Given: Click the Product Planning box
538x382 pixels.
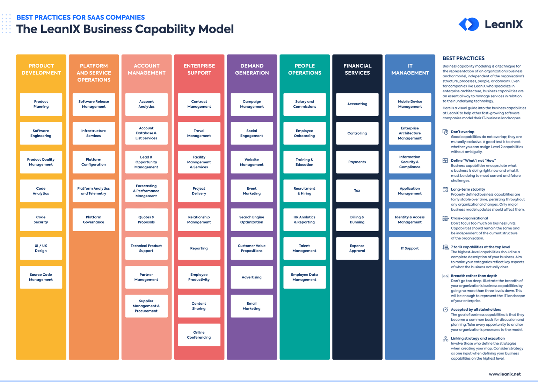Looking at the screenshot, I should point(41,104).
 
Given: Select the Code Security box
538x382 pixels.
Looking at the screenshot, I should point(41,220).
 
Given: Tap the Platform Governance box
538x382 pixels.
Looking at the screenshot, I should point(94,220).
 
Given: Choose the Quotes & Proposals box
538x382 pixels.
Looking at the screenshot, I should point(146,220).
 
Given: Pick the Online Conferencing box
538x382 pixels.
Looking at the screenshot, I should point(199,335).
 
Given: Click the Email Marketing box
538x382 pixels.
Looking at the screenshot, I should point(252,306).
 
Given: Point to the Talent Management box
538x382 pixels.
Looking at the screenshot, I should point(304,248).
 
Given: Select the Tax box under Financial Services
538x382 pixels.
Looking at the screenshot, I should point(357,191).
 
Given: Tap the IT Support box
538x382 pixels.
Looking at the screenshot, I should point(410,248).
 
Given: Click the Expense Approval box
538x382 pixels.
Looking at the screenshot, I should point(357,248).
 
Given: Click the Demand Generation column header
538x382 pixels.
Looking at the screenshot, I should point(252,69).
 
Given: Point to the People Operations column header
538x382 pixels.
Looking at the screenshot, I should point(305,69).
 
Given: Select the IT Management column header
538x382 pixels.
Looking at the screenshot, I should point(410,69).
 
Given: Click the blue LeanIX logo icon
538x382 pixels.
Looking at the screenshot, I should point(469,24).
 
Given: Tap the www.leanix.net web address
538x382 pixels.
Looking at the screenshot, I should point(504,374).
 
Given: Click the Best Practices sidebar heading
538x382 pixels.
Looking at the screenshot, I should point(464,58).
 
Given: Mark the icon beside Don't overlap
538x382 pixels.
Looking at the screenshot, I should point(445,132).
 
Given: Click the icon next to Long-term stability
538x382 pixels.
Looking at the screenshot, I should point(445,190).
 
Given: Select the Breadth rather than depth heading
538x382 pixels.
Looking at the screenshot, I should point(474,276).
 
